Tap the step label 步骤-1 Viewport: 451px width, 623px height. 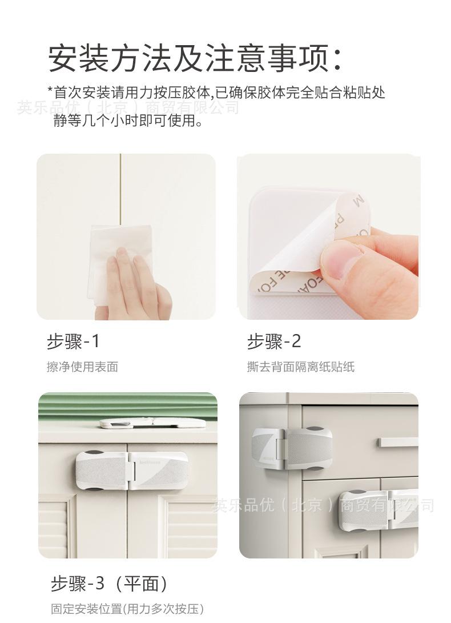click(73, 341)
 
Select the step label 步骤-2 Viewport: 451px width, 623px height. click(273, 341)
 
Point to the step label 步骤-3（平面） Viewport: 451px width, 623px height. click(110, 584)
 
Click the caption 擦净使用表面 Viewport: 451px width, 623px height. click(82, 367)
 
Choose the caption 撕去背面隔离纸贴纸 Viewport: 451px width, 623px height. click(300, 367)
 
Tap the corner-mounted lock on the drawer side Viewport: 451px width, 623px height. click(291, 448)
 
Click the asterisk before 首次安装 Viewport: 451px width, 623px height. click(50, 91)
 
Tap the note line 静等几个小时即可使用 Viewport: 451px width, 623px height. click(128, 120)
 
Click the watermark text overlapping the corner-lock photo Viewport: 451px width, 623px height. click(323, 506)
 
